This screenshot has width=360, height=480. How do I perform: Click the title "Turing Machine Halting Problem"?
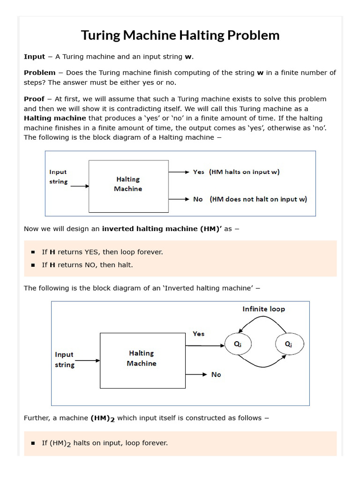pos(180,35)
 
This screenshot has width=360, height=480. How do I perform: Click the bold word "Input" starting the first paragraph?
pos(34,57)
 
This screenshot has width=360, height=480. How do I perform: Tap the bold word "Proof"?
pos(34,99)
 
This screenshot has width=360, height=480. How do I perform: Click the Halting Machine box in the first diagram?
pos(128,186)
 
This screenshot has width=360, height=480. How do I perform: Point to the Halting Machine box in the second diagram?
pos(142,360)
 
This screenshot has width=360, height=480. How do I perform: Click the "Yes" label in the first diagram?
pos(199,172)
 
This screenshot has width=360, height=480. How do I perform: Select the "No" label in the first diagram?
pos(198,199)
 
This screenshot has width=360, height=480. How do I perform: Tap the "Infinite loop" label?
pos(263,309)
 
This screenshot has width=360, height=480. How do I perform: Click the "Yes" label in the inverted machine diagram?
pos(199,334)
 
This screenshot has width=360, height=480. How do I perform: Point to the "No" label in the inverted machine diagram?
pos(216,375)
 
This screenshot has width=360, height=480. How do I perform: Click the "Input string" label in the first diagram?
pos(59,177)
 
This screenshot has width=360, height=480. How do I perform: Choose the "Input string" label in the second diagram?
pos(64,360)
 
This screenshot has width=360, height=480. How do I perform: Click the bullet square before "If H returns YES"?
pos(33,252)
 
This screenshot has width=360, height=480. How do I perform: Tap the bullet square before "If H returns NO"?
pos(33,265)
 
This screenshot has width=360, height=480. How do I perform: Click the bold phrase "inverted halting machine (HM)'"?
pos(162,229)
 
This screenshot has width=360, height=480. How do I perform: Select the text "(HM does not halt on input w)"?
pos(258,199)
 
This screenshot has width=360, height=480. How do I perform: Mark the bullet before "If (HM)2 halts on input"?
pos(33,443)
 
